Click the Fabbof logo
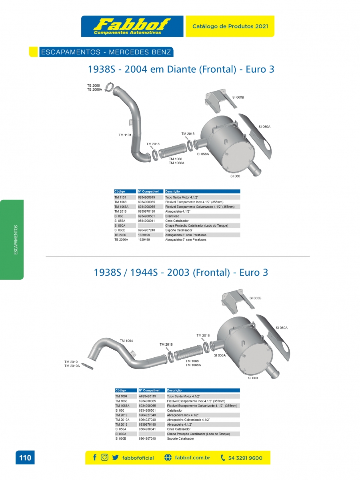point(132,26)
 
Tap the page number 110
point(25,458)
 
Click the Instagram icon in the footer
point(104,457)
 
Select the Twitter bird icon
point(115,458)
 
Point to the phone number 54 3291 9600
point(245,458)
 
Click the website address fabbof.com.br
point(192,458)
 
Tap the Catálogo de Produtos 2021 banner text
point(230,26)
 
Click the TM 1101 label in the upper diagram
point(125,135)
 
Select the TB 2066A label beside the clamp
point(94,90)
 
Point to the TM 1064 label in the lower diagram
point(126,341)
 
